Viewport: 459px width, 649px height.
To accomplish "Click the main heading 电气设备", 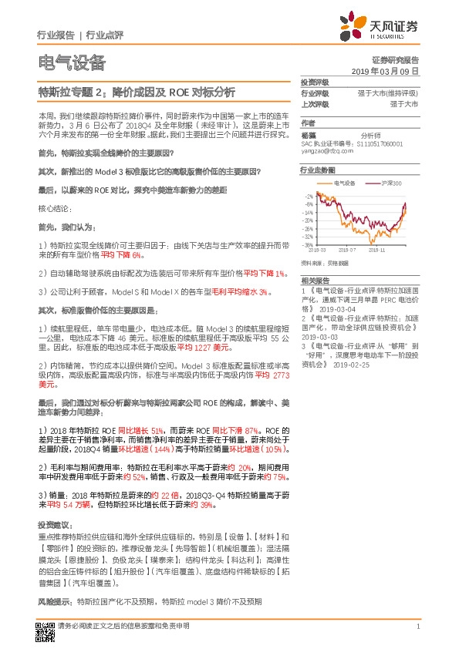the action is pos(72,62).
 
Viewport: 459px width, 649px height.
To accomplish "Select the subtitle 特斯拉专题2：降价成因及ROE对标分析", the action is pos(137,92).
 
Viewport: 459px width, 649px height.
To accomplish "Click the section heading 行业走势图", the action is pos(317,169).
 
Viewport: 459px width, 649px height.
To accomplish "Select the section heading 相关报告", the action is pos(314,281).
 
